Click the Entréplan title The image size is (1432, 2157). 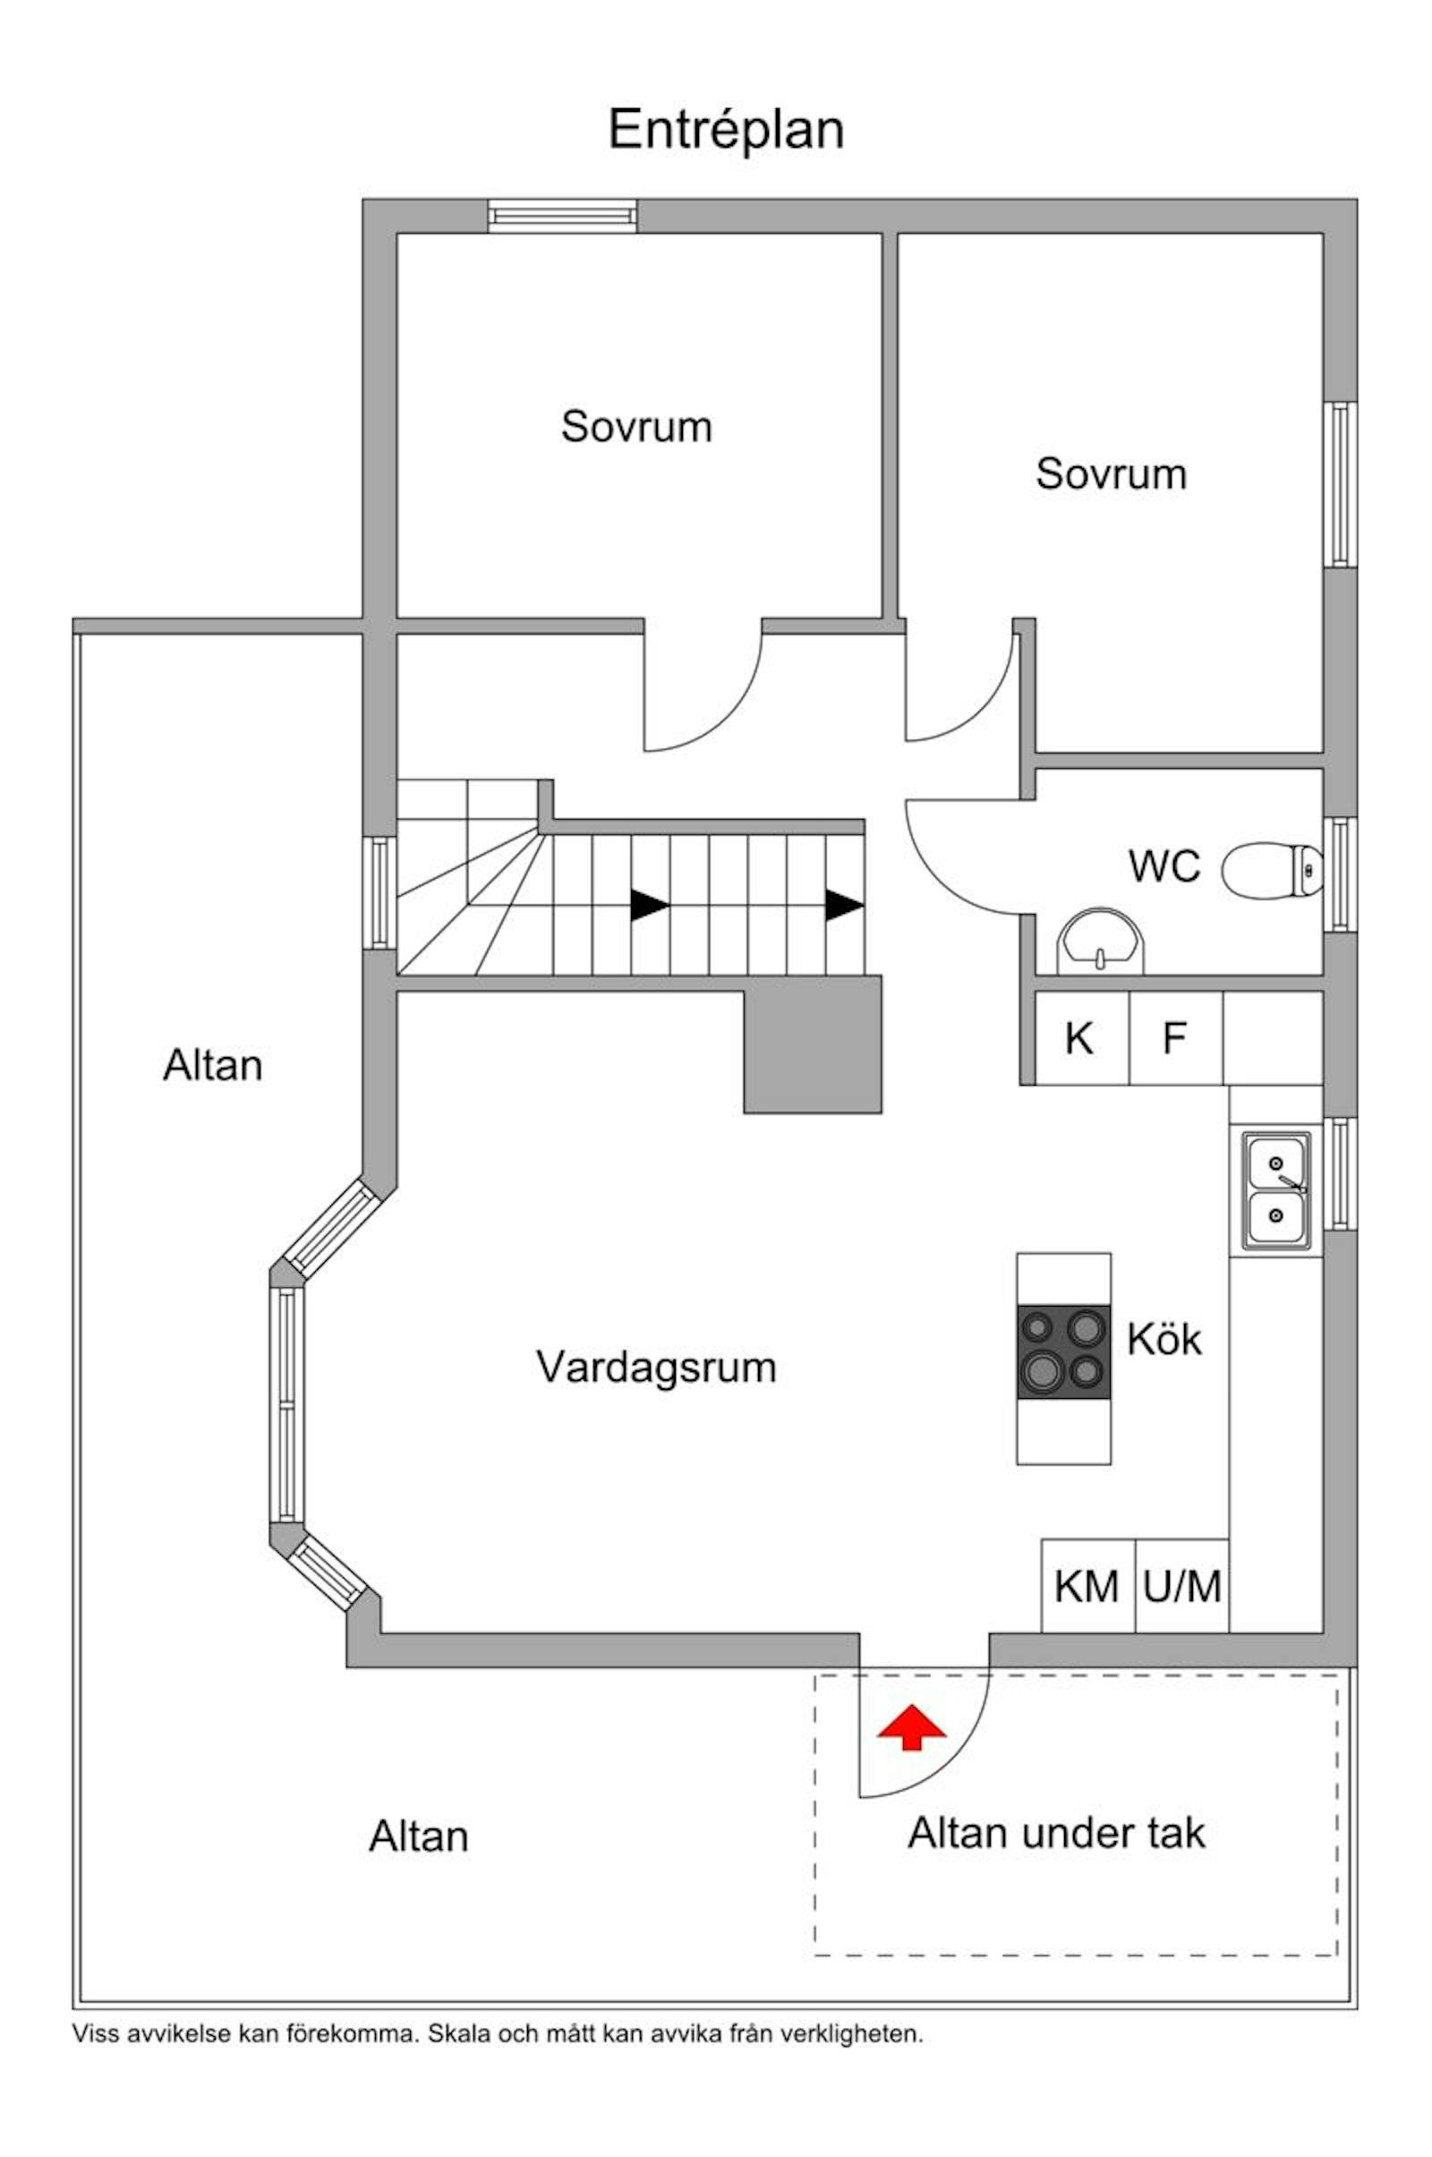(x=726, y=130)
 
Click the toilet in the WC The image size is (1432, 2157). (x=1271, y=870)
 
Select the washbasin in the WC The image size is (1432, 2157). (x=1101, y=941)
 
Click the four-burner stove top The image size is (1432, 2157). (x=1064, y=1351)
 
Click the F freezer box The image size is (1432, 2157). (x=1175, y=1038)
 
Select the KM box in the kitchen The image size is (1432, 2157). (x=1087, y=1586)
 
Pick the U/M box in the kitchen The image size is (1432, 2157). (x=1181, y=1586)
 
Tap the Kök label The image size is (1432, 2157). (x=1163, y=1340)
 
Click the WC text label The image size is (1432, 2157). (x=1163, y=865)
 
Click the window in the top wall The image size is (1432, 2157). (x=562, y=217)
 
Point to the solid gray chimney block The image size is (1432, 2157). (x=813, y=1044)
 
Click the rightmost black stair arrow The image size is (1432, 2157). (x=844, y=905)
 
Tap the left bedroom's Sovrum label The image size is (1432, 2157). (x=636, y=426)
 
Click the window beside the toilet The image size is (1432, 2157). (x=1341, y=874)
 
